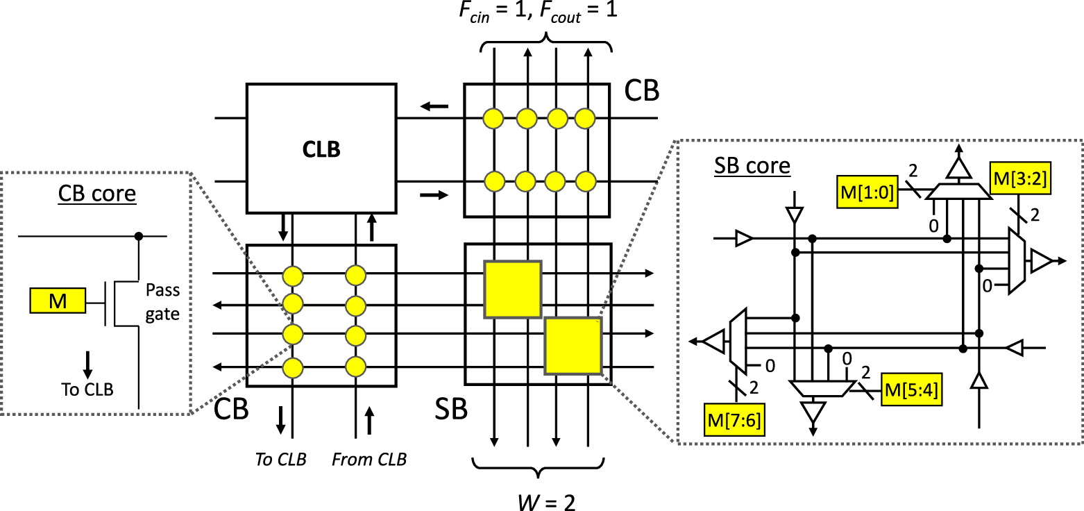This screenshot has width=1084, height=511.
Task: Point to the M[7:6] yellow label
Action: pos(735,419)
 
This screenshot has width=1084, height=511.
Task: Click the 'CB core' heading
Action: pos(97,196)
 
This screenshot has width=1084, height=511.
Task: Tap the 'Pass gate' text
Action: pos(163,304)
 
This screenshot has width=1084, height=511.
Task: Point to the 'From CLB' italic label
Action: pos(368,459)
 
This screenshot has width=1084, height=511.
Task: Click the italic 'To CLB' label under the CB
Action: pos(281,459)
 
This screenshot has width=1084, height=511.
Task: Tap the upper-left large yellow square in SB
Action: pos(512,288)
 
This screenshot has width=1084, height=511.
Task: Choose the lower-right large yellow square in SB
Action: pos(573,345)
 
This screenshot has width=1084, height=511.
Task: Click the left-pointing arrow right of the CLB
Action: pos(437,107)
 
